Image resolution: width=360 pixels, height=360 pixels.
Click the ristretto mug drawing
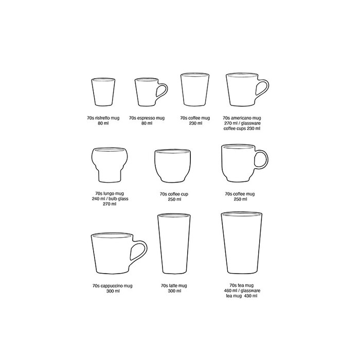click(x=103, y=92)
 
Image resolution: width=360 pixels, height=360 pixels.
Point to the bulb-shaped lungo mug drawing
click(x=109, y=165)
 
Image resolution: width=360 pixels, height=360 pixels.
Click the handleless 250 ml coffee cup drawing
click(x=172, y=166)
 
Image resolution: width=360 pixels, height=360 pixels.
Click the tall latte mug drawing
click(x=174, y=244)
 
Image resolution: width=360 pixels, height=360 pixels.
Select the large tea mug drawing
click(x=242, y=243)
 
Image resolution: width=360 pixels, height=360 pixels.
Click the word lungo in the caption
click(x=109, y=193)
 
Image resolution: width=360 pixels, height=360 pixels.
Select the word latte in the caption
click(x=173, y=285)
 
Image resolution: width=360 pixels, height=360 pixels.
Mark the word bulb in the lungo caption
click(x=113, y=199)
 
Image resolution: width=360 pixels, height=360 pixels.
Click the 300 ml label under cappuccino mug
click(x=113, y=291)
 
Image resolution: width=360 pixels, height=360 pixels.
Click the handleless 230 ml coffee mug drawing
click(x=195, y=90)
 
